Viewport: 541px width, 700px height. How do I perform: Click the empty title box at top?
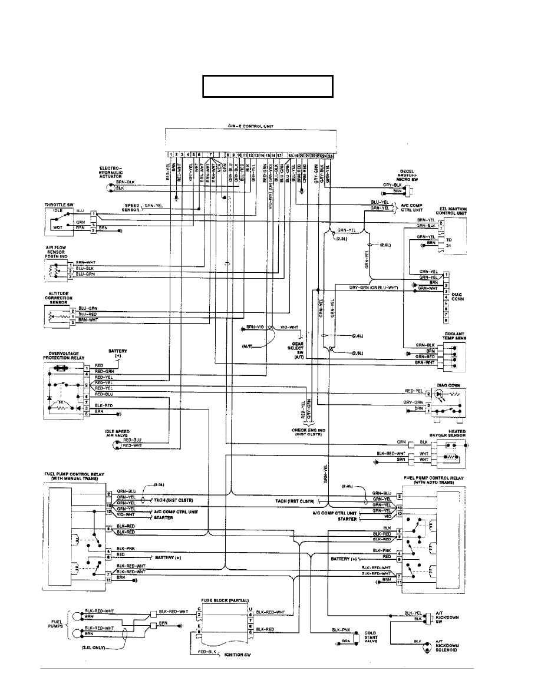pyautogui.click(x=268, y=86)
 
